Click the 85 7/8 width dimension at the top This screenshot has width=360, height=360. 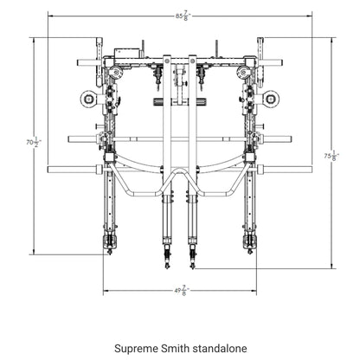(x=180, y=15)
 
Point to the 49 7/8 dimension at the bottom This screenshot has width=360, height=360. (x=180, y=291)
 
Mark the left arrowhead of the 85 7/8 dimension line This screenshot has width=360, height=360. (x=48, y=15)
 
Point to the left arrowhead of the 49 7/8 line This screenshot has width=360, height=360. (x=104, y=291)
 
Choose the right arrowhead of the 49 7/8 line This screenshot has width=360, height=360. (x=257, y=291)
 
